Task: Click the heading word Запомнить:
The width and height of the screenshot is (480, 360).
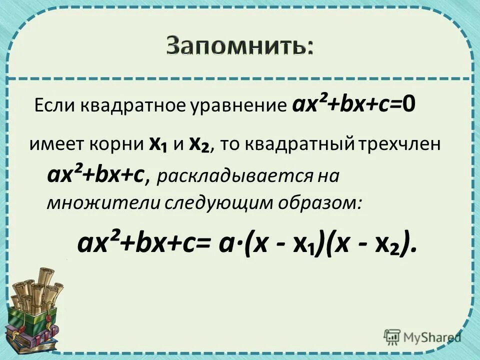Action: coord(240,46)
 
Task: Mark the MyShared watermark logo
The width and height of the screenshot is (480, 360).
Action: coord(422,336)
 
